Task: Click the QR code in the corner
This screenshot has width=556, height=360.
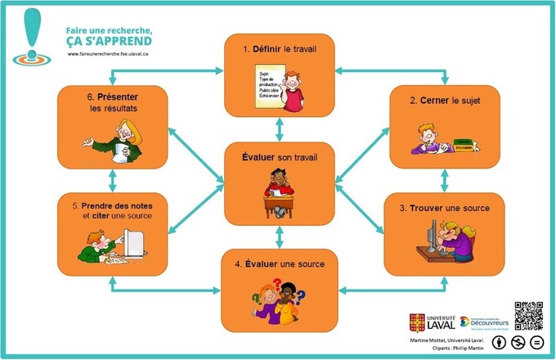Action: (528, 316)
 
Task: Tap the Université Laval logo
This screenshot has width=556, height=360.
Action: (431, 322)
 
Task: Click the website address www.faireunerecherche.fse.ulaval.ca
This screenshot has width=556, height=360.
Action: (114, 56)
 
